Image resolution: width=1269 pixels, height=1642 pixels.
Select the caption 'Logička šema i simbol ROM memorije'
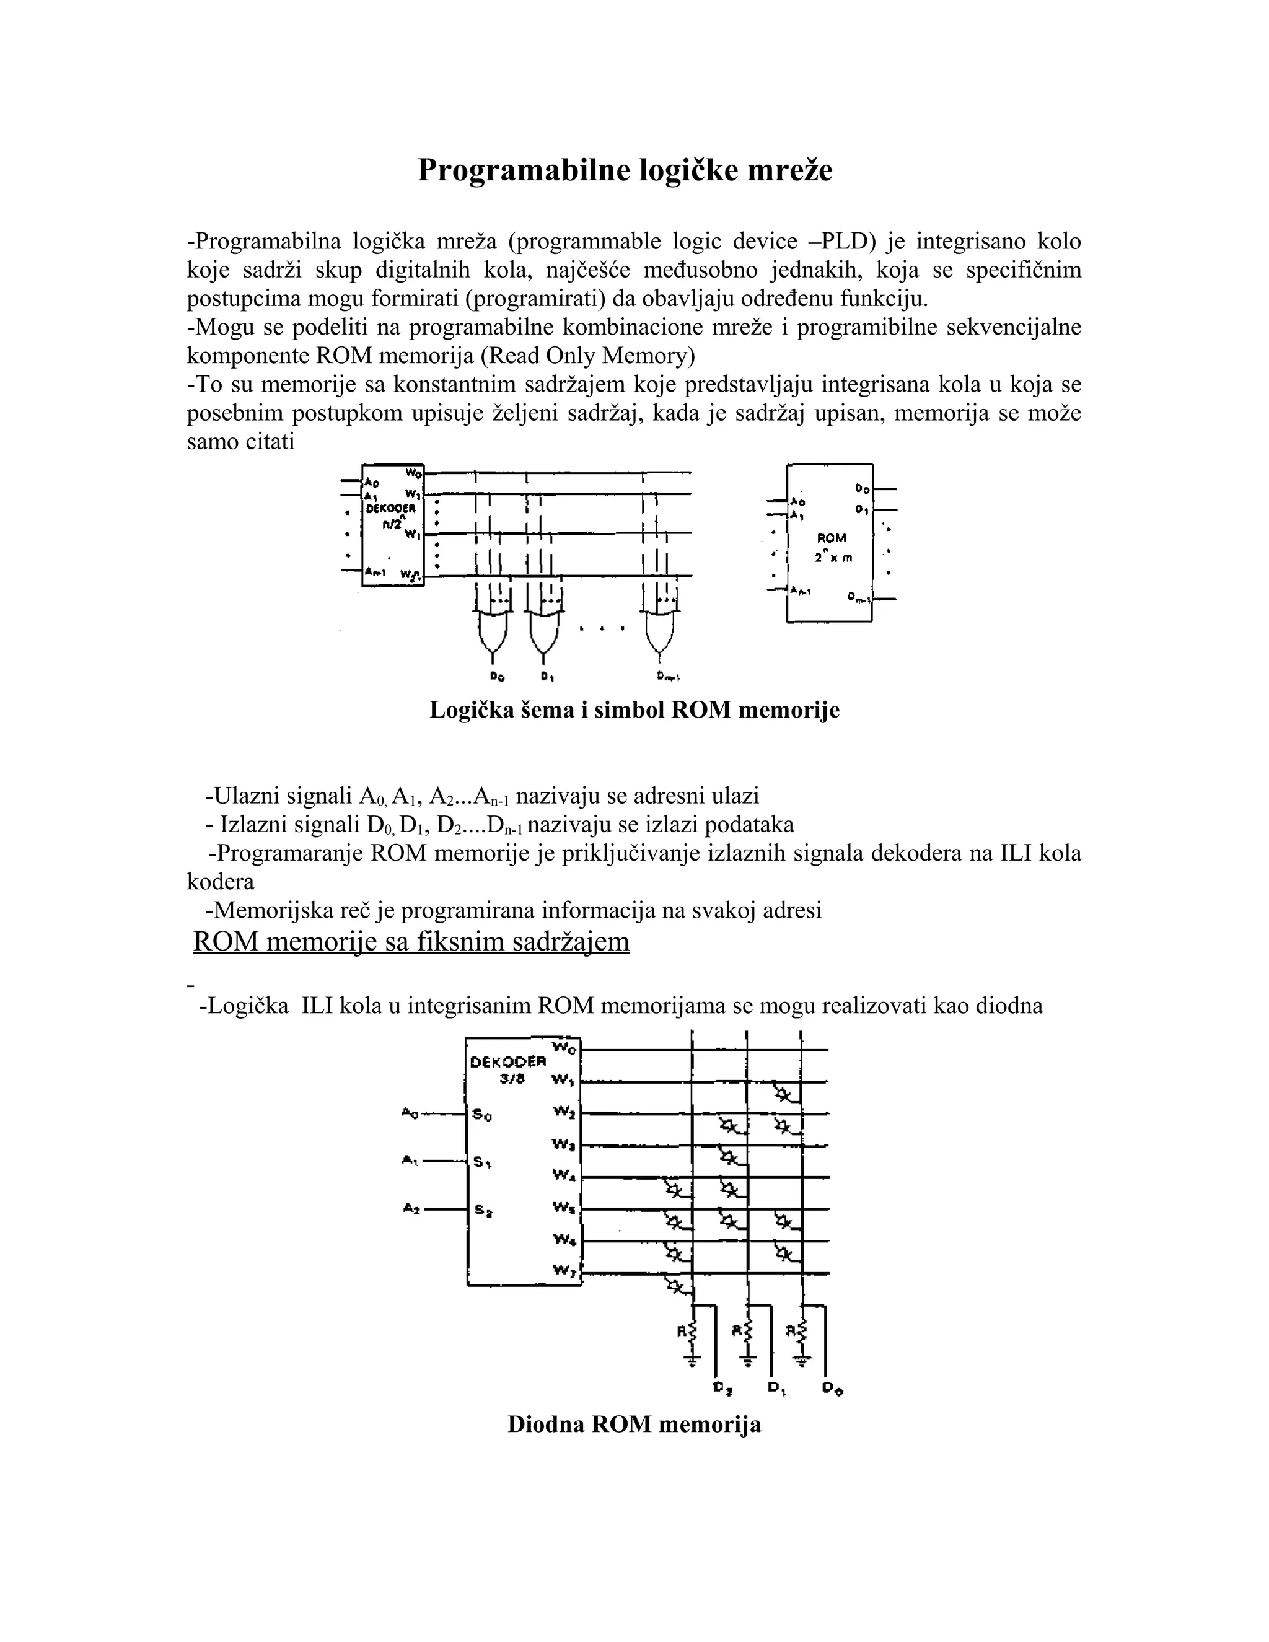(x=634, y=709)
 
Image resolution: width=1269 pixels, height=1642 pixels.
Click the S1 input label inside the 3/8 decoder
(x=483, y=1162)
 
